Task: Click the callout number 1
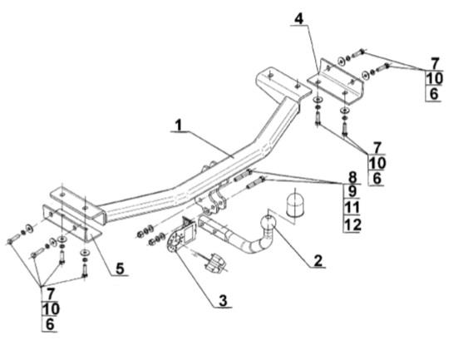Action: point(179,125)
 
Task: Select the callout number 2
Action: point(318,260)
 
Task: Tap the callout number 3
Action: point(223,300)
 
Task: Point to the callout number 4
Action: point(299,19)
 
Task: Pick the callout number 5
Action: point(120,269)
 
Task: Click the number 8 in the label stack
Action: point(352,177)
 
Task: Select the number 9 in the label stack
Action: point(352,191)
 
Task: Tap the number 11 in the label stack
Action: point(352,208)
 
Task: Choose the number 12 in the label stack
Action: point(352,224)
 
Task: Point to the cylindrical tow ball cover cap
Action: point(294,205)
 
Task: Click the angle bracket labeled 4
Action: point(336,82)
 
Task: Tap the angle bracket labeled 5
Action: point(71,222)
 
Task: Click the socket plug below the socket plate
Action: point(214,263)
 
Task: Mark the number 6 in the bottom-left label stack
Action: point(50,324)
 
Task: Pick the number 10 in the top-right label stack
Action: point(434,79)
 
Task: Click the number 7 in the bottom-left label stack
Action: point(50,294)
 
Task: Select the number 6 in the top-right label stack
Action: point(434,94)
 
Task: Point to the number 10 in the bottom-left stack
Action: point(51,309)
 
